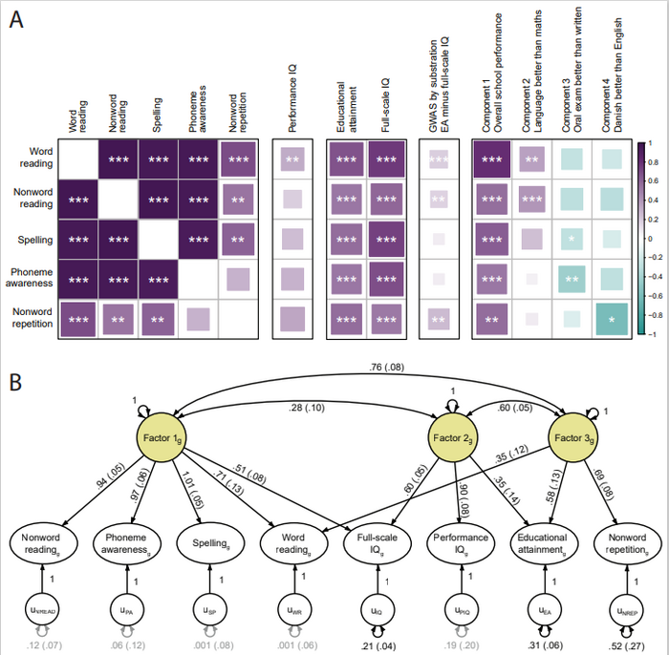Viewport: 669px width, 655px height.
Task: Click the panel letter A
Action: click(17, 20)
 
